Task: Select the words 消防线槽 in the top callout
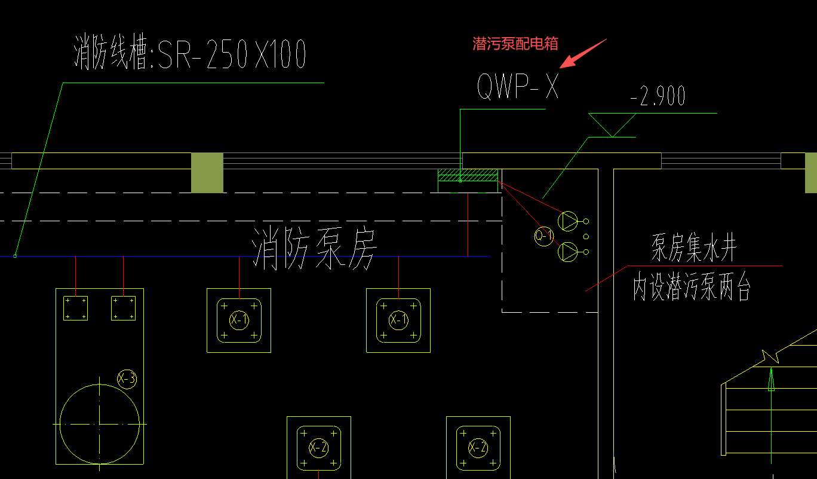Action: coord(110,55)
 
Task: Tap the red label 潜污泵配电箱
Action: coord(515,44)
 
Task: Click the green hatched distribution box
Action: coord(468,175)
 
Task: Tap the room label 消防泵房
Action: coord(315,248)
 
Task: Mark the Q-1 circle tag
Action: coord(543,236)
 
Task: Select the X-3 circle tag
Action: coord(127,379)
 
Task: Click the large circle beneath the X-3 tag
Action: coord(100,423)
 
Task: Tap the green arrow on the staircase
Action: coord(771,380)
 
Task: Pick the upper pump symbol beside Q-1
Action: coord(568,221)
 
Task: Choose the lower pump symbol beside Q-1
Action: coord(568,252)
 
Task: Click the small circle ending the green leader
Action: coord(15,256)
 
